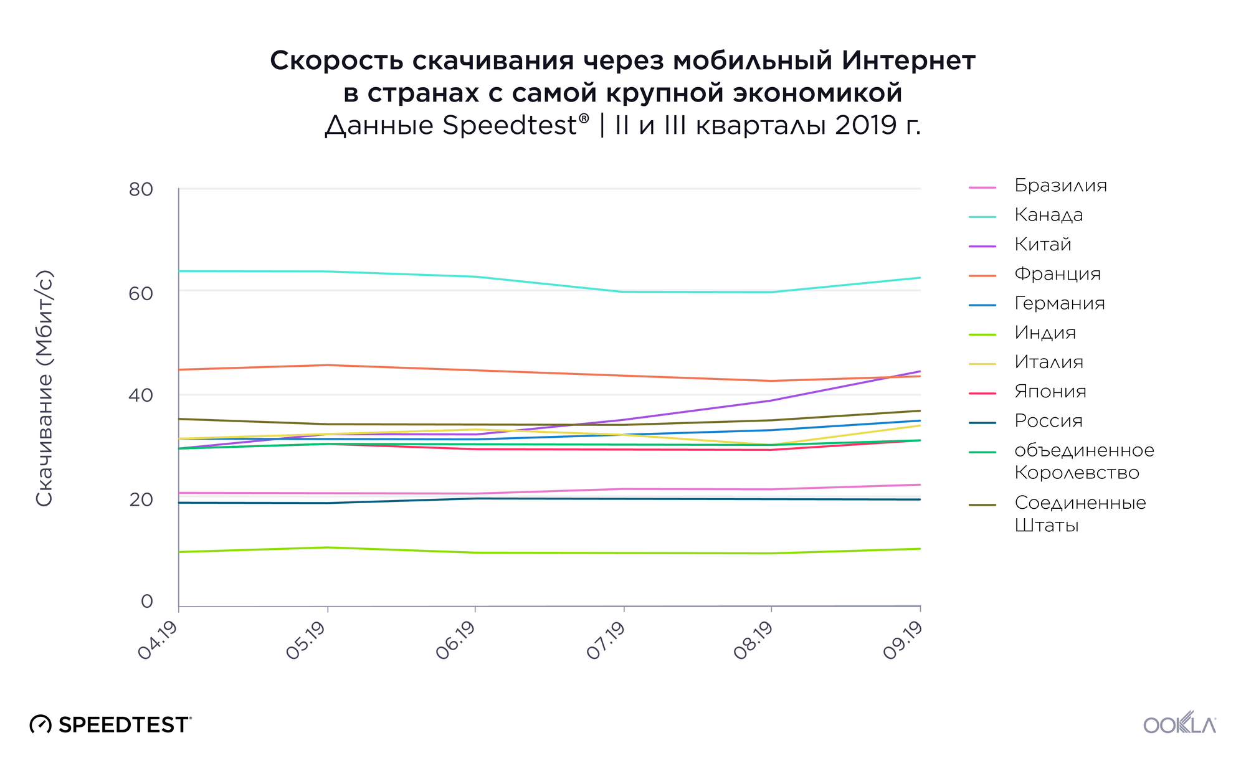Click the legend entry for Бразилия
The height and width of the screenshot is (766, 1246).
coord(1060,186)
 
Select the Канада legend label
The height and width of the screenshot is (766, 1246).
coord(1049,215)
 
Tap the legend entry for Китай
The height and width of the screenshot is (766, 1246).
coord(1042,244)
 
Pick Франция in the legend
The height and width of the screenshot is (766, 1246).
coord(1057,273)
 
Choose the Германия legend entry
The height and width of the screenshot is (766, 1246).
coord(1059,303)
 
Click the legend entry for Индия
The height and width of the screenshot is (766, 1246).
coord(1045,333)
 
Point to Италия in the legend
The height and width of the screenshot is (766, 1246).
coord(1049,362)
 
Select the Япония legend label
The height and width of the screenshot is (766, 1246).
coord(1050,391)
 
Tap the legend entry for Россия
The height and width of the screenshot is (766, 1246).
coord(1048,421)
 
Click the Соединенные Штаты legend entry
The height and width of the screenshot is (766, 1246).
coord(1080,513)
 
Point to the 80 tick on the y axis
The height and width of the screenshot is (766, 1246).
coord(141,189)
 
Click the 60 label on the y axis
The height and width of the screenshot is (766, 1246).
coord(141,293)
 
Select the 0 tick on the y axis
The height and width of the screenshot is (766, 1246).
coord(147,601)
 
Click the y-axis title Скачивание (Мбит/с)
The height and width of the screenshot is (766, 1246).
coord(44,388)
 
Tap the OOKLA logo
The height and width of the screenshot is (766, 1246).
coord(1179,724)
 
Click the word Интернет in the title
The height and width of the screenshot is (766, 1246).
coord(908,61)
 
